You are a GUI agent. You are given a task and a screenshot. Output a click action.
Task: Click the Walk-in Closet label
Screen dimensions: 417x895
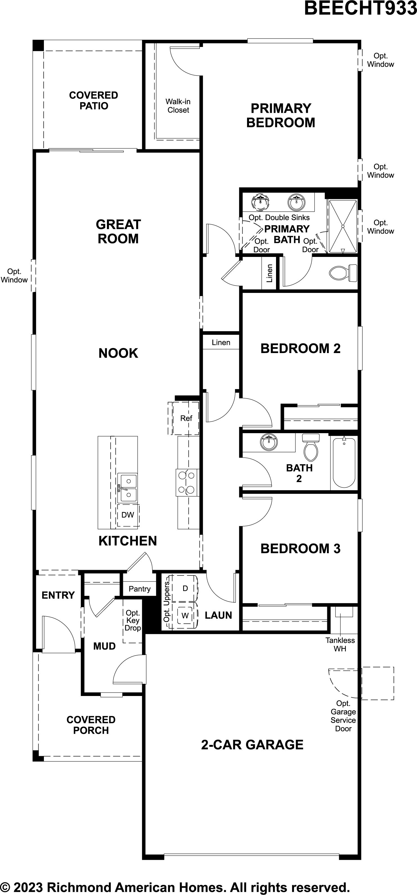178,106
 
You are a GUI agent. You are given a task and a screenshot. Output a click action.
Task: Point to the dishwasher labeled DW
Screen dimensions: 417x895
128,515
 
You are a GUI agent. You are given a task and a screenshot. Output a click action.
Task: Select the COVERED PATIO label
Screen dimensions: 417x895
93,100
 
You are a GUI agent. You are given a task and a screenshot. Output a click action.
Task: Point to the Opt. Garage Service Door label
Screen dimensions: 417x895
343,716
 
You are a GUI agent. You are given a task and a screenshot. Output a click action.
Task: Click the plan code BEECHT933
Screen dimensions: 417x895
361,8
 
